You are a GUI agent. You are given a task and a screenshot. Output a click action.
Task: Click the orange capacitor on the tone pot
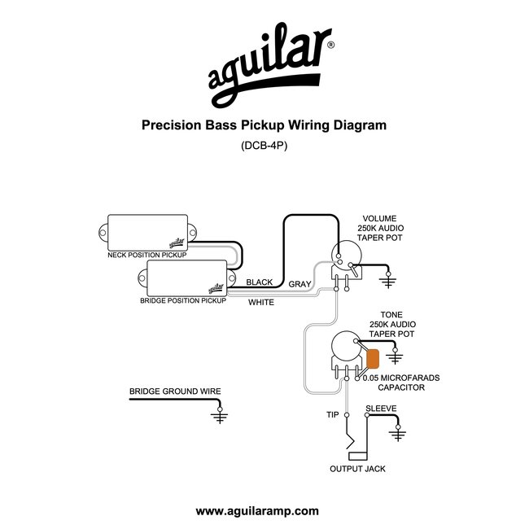373,359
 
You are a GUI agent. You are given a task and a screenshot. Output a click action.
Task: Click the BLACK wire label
259,282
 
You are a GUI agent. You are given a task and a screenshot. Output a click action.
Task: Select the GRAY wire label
299,284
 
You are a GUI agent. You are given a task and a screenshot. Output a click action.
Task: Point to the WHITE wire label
261,302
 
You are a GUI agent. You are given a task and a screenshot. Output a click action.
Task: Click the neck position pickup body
147,233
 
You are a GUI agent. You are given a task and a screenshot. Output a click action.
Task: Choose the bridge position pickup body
187,278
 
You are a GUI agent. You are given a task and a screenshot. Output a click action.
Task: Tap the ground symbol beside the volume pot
388,281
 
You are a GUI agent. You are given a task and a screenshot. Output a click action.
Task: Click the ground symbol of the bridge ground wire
220,416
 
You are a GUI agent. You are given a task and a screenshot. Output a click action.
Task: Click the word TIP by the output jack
332,414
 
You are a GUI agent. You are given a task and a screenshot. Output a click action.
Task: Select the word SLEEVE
381,409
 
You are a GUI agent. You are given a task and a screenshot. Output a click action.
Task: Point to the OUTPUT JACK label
357,469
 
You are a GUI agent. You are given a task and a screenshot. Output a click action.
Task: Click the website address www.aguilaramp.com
257,511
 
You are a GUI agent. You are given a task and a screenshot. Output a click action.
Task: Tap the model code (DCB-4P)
264,146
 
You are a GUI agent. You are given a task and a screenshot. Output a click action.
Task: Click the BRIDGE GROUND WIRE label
175,391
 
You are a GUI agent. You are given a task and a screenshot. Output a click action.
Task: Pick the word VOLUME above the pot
379,219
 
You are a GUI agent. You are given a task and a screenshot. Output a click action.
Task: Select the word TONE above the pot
391,315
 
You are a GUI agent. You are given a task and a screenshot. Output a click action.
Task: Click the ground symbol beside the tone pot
395,356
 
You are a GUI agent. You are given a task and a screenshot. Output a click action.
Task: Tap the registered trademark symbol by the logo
331,45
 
